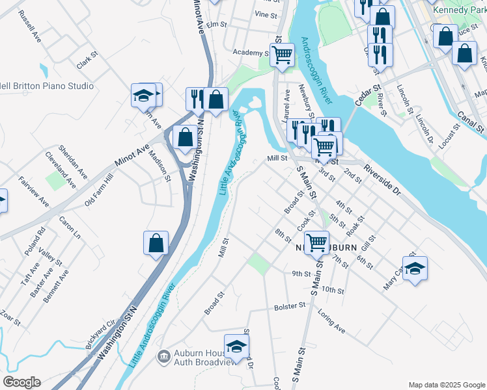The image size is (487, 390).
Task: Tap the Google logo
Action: click(x=22, y=382)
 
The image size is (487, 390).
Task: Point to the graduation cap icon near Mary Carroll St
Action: click(x=415, y=268)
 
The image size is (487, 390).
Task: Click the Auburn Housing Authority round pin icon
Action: click(x=163, y=356)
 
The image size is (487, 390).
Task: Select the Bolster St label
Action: click(x=290, y=305)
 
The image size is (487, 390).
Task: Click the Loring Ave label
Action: click(x=331, y=320)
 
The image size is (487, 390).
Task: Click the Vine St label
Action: click(x=266, y=14)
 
